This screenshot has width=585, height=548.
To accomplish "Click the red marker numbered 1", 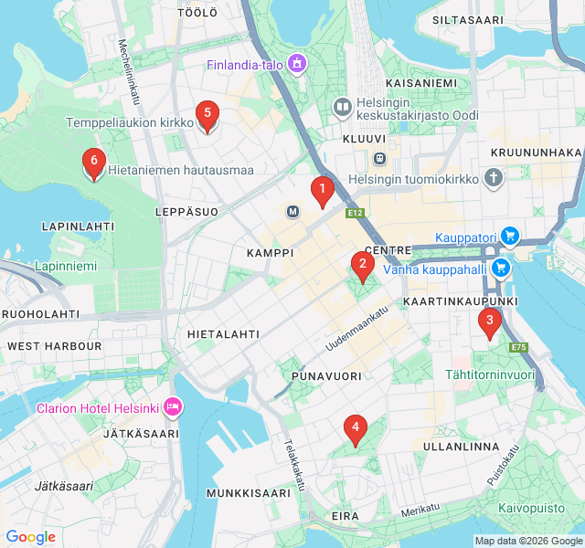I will pyautogui.click(x=321, y=191).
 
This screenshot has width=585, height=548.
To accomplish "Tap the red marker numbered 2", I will pyautogui.click(x=362, y=266).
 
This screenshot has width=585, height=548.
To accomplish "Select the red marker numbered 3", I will pyautogui.click(x=490, y=321).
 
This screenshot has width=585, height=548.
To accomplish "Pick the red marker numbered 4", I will pyautogui.click(x=354, y=427).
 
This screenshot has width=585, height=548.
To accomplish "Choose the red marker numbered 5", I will pyautogui.click(x=207, y=115).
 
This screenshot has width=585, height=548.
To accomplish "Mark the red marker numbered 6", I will pyautogui.click(x=92, y=163).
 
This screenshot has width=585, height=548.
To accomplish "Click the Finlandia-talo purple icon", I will pyautogui.click(x=296, y=64).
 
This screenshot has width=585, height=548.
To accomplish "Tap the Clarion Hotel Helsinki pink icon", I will pyautogui.click(x=173, y=406).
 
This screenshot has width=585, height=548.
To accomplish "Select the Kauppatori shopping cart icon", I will pyautogui.click(x=510, y=237).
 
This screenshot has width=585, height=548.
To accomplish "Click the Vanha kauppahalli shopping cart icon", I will pyautogui.click(x=500, y=268).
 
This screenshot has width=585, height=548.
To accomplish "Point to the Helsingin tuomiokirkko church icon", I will pyautogui.click(x=494, y=178).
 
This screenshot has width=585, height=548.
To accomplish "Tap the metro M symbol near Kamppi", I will pyautogui.click(x=293, y=212).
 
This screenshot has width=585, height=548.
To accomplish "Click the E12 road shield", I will pyautogui.click(x=356, y=214).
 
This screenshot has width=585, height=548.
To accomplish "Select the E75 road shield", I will pyautogui.click(x=519, y=347).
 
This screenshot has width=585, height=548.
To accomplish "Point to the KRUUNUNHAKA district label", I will pyautogui.click(x=536, y=152).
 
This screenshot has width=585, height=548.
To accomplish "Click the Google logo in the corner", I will pyautogui.click(x=30, y=537).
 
